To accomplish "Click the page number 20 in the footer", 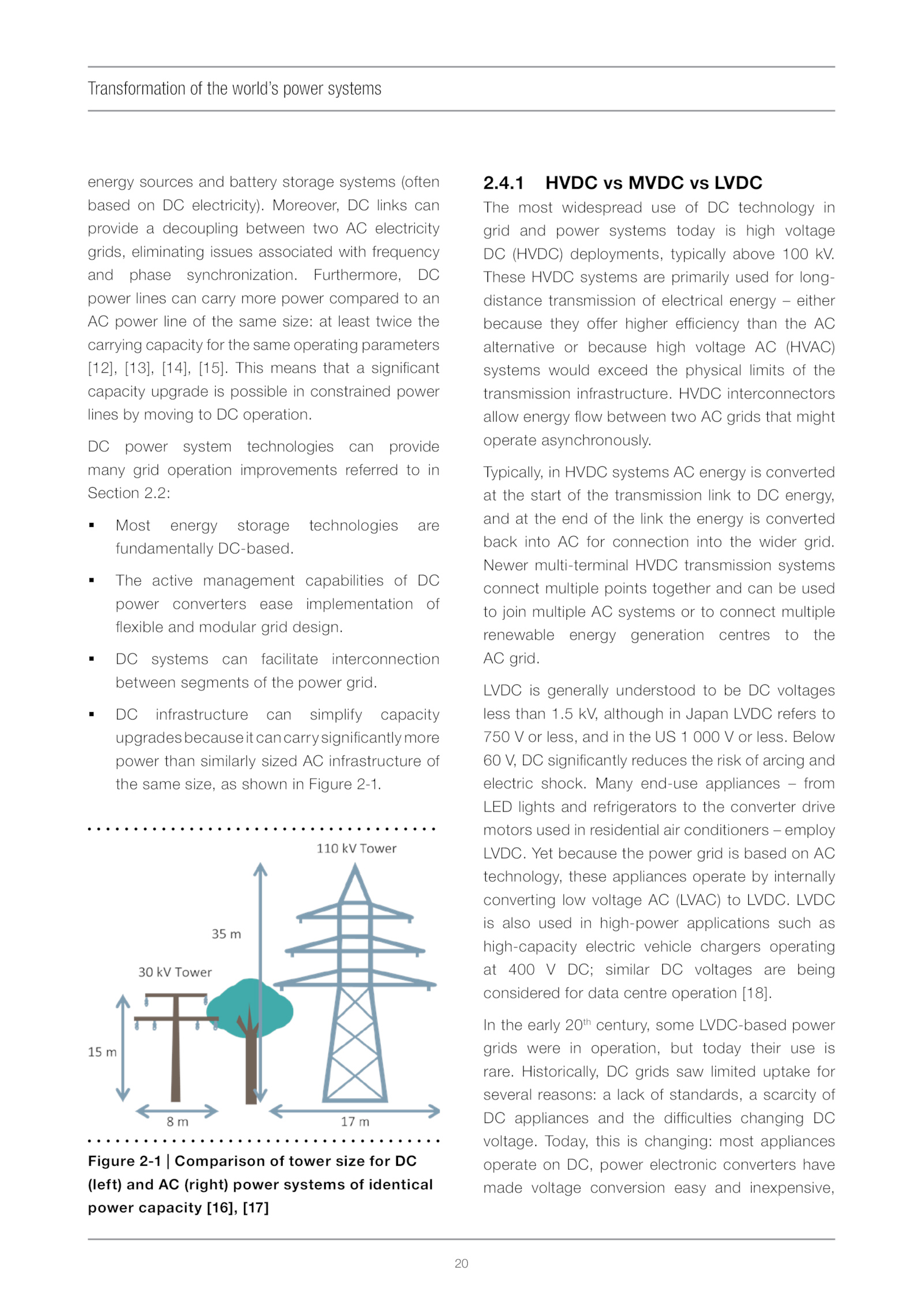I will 461,1263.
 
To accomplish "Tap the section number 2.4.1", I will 503,183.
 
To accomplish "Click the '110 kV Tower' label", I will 356,848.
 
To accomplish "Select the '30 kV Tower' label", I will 175,972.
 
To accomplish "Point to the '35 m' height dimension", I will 226,934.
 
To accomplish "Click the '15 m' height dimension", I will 102,1052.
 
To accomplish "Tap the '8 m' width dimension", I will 177,1121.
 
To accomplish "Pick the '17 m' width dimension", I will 355,1121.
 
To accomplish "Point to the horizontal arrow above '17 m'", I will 355,1111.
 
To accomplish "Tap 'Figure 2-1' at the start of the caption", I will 124,1161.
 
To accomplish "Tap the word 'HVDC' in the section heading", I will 571,183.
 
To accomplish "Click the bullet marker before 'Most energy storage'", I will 92,525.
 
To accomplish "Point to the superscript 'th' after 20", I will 587,1021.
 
